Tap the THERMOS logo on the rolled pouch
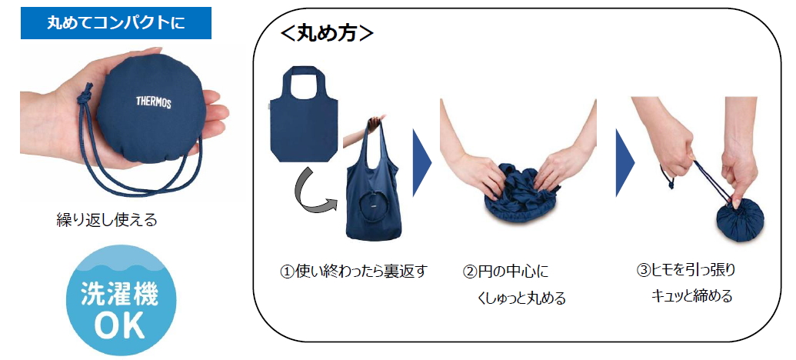click(154, 102)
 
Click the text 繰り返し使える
click(107, 220)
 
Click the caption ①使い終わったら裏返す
click(353, 272)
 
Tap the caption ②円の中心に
click(505, 272)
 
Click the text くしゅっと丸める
click(521, 298)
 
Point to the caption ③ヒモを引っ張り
click(686, 270)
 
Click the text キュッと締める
click(691, 295)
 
